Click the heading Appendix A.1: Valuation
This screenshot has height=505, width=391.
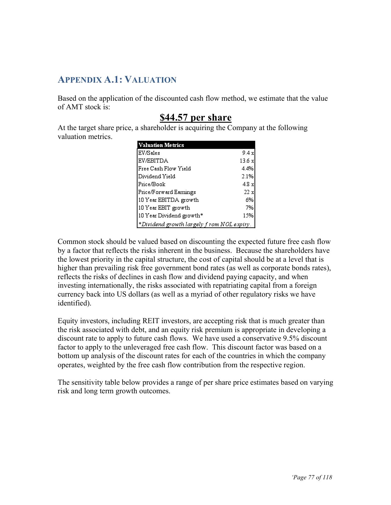tap(117, 80)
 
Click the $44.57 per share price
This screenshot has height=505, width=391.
tap(195, 118)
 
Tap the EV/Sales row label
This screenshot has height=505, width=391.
tap(149, 153)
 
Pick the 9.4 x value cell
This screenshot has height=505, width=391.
tap(248, 153)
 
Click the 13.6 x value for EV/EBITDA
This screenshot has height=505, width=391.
tap(247, 161)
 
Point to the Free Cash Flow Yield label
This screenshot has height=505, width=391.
tap(164, 169)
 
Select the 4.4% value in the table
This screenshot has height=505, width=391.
tap(247, 169)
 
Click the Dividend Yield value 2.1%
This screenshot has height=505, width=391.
tap(247, 177)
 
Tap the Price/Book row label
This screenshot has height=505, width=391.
tap(152, 184)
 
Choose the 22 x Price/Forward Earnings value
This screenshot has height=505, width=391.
tap(249, 192)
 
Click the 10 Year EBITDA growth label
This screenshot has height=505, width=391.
tap(168, 200)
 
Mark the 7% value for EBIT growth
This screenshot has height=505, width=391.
tap(249, 208)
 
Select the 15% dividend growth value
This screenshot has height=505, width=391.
tap(248, 215)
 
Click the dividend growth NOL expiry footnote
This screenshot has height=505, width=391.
tap(195, 224)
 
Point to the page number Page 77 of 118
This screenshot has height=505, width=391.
tap(312, 477)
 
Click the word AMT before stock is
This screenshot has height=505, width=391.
tap(75, 107)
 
